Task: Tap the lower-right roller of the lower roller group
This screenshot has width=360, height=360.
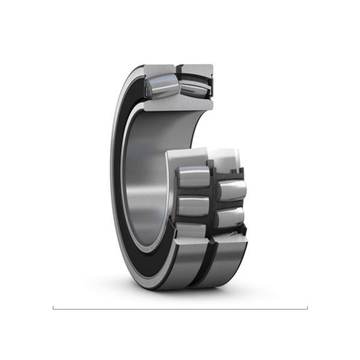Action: pyautogui.click(x=229, y=217)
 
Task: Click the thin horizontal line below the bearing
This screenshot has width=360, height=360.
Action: pyautogui.click(x=180, y=309)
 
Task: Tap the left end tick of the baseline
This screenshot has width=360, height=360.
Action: pyautogui.click(x=53, y=308)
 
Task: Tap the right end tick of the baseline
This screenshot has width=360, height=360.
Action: pyautogui.click(x=307, y=308)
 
